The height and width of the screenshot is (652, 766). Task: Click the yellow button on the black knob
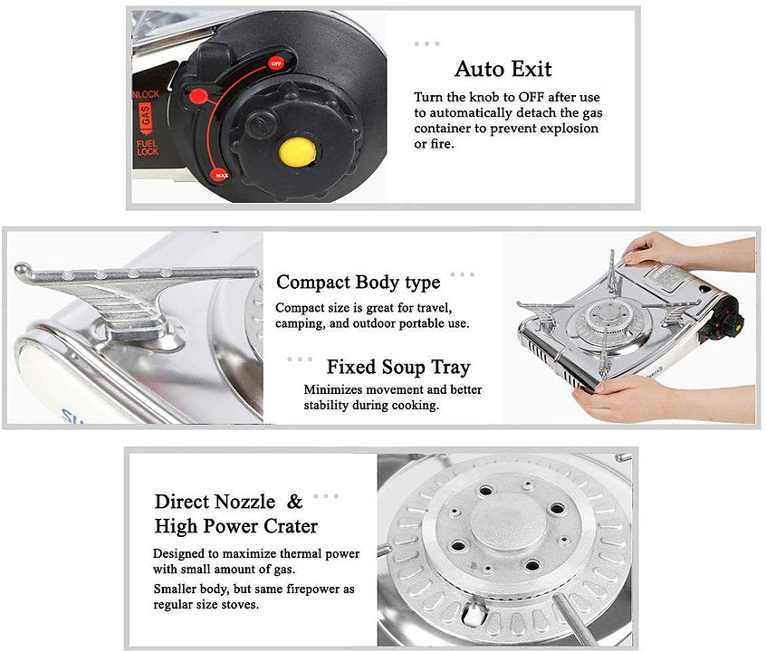pyautogui.click(x=297, y=151)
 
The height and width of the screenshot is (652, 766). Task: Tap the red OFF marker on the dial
pyautogui.click(x=276, y=63)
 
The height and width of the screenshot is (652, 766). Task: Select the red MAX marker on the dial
pyautogui.click(x=221, y=175)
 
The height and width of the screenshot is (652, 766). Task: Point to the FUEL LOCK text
pyautogui.click(x=147, y=147)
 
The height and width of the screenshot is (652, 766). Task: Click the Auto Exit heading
pyautogui.click(x=503, y=69)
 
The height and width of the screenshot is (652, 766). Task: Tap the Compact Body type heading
pyautogui.click(x=358, y=283)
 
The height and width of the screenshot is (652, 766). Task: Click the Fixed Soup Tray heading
pyautogui.click(x=398, y=367)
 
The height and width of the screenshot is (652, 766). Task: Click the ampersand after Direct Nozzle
pyautogui.click(x=294, y=501)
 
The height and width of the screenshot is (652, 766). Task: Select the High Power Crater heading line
pyautogui.click(x=236, y=526)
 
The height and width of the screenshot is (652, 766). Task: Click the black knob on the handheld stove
pyautogui.click(x=732, y=321)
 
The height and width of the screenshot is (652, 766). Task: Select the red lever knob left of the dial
pyautogui.click(x=198, y=96)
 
